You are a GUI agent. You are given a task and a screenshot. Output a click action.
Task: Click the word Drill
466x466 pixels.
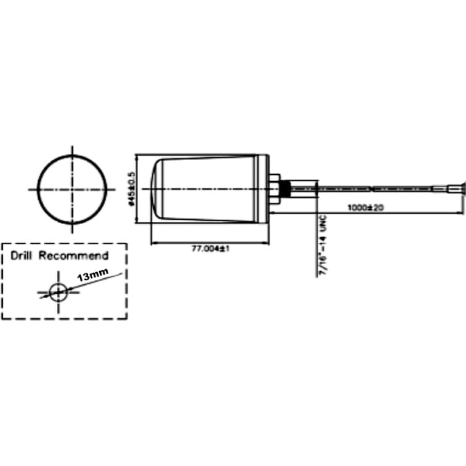point(21,255)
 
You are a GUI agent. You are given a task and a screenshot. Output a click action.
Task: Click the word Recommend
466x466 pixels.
point(74,255)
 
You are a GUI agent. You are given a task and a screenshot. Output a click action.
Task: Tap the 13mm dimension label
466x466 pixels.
point(93,274)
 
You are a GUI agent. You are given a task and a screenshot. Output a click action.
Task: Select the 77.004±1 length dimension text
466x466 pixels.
point(210,248)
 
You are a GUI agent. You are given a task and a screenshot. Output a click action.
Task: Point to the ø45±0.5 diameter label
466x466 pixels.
point(132,189)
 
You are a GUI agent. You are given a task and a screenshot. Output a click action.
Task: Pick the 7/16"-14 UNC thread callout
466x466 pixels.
point(323,246)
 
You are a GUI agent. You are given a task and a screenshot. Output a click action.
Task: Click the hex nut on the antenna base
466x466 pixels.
point(274,189)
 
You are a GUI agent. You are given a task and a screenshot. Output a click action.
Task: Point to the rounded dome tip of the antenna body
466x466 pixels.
point(157,189)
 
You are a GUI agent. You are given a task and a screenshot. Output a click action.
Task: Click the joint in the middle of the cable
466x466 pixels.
point(371,189)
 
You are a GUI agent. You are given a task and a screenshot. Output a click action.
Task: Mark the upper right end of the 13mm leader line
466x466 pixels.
point(122,274)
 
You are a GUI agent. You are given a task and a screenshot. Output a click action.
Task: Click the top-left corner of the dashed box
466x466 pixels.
point(2,244)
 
